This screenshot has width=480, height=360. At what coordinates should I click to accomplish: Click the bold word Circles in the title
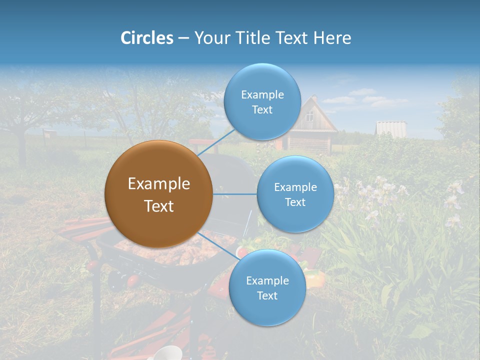point(146,38)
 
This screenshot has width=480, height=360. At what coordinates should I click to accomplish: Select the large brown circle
point(158,194)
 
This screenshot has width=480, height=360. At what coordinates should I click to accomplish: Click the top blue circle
point(262,102)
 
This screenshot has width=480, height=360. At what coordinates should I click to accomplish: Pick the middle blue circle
point(295,194)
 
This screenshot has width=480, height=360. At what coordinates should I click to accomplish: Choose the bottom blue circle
point(267,288)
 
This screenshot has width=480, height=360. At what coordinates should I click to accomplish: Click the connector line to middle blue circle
point(234,194)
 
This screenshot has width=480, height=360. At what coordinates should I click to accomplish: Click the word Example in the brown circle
point(158,184)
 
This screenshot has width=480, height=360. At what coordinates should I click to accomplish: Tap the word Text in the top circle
point(262,110)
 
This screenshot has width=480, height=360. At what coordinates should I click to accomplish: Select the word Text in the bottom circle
point(267,296)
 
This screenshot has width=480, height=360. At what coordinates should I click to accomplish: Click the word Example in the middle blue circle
point(295,187)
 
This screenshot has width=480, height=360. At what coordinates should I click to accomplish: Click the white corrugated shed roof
point(390,128)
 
